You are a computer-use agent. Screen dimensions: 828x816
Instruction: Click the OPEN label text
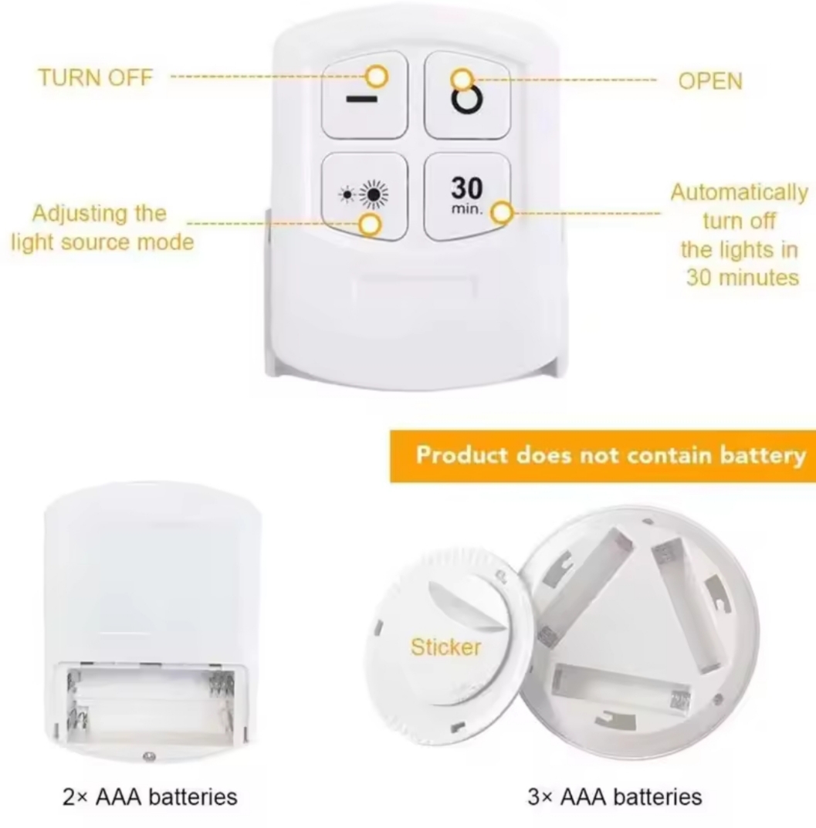pyautogui.click(x=709, y=81)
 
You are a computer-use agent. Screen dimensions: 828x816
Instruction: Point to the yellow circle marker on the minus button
pyautogui.click(x=377, y=76)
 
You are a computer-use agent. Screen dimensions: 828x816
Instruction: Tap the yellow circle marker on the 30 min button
pyautogui.click(x=503, y=213)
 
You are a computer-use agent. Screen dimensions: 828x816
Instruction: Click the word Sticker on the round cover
pyautogui.click(x=445, y=647)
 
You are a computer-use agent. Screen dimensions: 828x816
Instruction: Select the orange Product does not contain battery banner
pyautogui.click(x=602, y=455)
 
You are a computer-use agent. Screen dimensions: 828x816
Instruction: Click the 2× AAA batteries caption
pyautogui.click(x=151, y=796)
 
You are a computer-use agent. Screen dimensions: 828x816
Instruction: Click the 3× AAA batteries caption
pyautogui.click(x=615, y=796)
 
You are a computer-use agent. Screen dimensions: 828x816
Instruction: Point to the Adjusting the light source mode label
pyautogui.click(x=101, y=227)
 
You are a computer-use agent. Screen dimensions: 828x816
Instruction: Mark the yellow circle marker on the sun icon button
pyautogui.click(x=371, y=225)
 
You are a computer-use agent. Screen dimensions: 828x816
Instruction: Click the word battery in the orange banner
pyautogui.click(x=760, y=455)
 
